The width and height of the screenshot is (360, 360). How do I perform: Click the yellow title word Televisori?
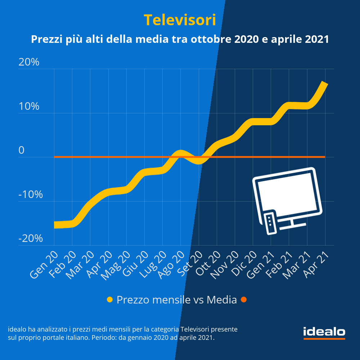pyautogui.click(x=180, y=20)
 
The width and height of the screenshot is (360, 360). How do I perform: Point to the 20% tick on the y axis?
pyautogui.click(x=29, y=62)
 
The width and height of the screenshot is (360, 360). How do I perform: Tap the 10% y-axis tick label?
pyautogui.click(x=29, y=107)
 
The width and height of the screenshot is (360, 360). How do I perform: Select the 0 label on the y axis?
pyautogui.click(x=22, y=150)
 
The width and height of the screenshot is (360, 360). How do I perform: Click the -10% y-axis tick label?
pyautogui.click(x=31, y=195)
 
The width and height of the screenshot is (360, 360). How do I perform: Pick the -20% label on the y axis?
pyautogui.click(x=31, y=239)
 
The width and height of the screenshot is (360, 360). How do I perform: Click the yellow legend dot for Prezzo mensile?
pyautogui.click(x=110, y=300)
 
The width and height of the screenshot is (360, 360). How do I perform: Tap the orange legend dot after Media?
pyautogui.click(x=244, y=300)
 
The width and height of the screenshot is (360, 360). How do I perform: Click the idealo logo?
pyautogui.click(x=324, y=332)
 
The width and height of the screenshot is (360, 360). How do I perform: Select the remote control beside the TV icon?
pyautogui.click(x=270, y=223)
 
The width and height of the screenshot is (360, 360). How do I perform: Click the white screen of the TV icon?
pyautogui.click(x=288, y=192)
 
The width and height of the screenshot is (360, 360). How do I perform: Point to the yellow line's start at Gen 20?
pyautogui.click(x=55, y=225)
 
